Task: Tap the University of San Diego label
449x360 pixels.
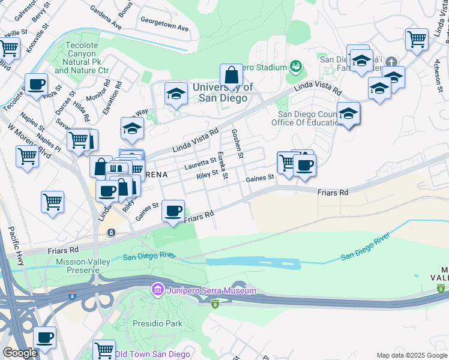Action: pyautogui.click(x=223, y=92)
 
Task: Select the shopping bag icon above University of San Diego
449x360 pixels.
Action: pyautogui.click(x=231, y=76)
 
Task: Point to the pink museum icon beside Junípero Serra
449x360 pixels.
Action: pyautogui.click(x=157, y=291)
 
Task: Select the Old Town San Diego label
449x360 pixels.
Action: pyautogui.click(x=152, y=354)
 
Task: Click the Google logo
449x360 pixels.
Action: pyautogui.click(x=20, y=353)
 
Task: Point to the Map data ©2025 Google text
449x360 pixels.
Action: pyautogui.click(x=411, y=355)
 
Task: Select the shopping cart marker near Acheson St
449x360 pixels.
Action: pyautogui.click(x=416, y=40)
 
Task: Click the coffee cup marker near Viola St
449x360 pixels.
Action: pyautogui.click(x=37, y=85)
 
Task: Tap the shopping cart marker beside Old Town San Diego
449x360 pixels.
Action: pyautogui.click(x=104, y=349)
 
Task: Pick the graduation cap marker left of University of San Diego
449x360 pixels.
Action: pyautogui.click(x=175, y=94)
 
